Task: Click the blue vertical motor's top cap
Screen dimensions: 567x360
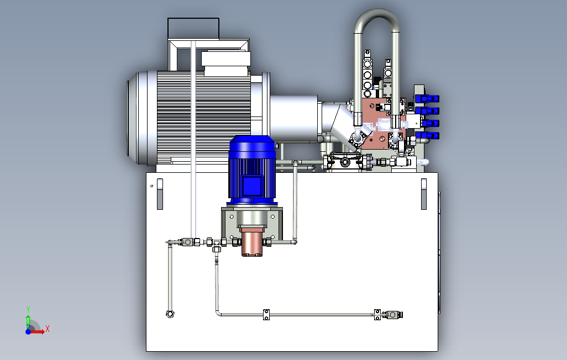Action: tap(252, 143)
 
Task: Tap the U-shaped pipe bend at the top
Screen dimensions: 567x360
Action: tap(376, 18)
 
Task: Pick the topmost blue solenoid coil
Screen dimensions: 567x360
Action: tap(427, 98)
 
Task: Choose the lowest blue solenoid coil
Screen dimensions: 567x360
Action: tap(427, 136)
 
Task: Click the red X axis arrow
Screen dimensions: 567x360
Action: tap(37, 331)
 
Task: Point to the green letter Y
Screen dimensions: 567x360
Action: tap(28, 310)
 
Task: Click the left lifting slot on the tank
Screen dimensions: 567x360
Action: tap(160, 194)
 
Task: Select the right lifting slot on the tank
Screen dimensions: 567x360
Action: tap(424, 194)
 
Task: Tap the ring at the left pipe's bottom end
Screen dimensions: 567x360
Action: tap(170, 314)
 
